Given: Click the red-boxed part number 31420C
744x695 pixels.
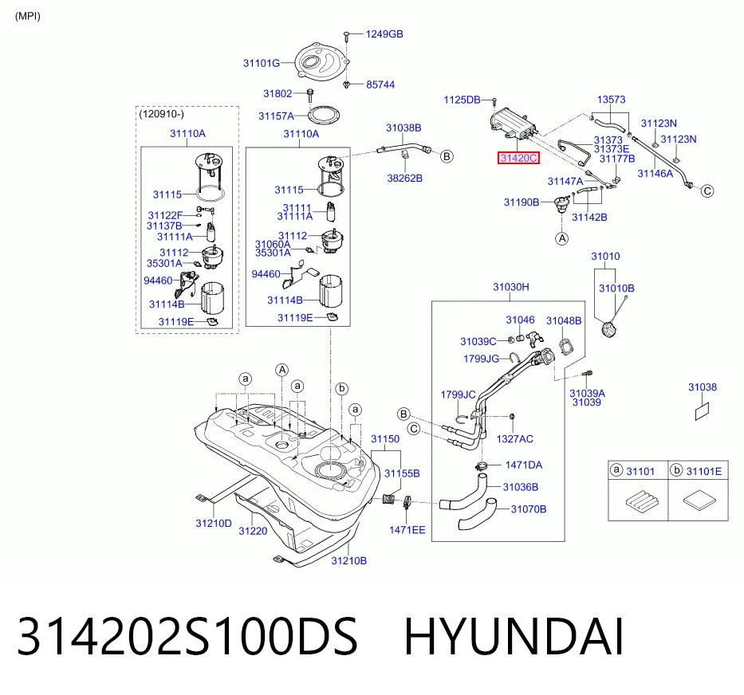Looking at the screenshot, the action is click(518, 158).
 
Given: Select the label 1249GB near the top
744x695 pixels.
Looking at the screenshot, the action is click(384, 34).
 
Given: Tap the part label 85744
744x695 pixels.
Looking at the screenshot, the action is click(380, 85).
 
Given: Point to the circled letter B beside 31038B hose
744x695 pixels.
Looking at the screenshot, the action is click(447, 156).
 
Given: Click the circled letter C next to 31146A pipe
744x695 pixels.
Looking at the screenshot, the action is click(707, 191).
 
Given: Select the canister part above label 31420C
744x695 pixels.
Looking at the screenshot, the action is click(513, 124).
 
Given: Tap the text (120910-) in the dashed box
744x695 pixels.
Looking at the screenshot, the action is click(161, 114).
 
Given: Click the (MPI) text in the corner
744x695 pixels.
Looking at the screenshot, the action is click(28, 16).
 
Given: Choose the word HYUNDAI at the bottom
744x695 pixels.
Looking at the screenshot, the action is click(514, 637).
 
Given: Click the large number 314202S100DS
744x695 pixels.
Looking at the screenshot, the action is click(187, 637).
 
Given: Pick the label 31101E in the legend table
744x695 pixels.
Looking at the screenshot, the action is click(703, 472).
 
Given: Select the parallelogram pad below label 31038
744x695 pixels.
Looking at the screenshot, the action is click(703, 411).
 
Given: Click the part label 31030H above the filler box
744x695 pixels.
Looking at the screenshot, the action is click(511, 287).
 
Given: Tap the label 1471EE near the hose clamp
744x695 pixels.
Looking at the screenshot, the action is click(407, 530).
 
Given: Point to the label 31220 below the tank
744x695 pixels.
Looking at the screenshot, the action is click(253, 532).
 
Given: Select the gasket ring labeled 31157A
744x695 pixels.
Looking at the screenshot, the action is click(324, 114).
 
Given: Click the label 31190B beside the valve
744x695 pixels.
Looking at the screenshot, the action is click(522, 202).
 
